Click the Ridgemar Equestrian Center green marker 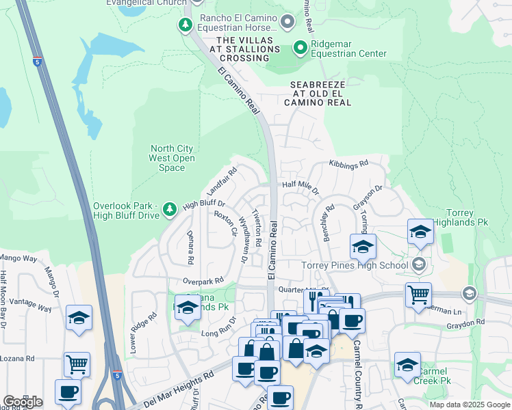(x=300, y=48)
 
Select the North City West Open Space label (x=172, y=158)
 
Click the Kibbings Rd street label (x=348, y=164)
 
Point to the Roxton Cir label (x=225, y=223)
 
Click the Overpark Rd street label (x=203, y=281)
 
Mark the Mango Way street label (x=18, y=258)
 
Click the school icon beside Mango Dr (x=79, y=317)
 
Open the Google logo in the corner (x=23, y=401)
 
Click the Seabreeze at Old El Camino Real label (x=316, y=93)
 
